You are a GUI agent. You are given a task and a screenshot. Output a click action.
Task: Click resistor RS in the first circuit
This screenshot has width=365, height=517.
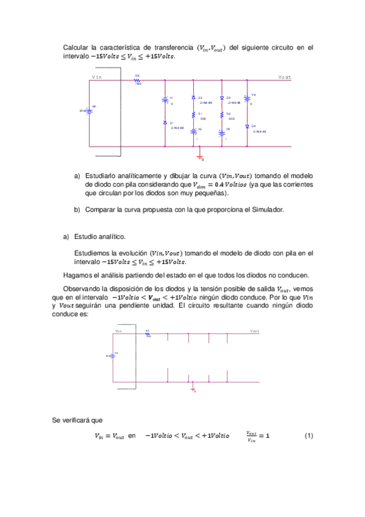point(138,79)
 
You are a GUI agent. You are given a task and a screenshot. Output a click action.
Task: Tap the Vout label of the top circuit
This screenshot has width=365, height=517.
point(284,77)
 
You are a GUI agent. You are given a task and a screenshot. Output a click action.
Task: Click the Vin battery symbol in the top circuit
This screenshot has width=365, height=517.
point(89,110)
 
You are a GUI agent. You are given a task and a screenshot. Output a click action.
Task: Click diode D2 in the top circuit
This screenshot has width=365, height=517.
point(193,98)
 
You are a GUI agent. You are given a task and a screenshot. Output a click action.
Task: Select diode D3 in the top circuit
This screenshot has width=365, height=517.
point(221,98)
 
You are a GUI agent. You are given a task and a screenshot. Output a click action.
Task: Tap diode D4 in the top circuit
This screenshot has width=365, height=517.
point(247,126)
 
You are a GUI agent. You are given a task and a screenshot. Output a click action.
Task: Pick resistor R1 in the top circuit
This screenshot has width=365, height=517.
point(193,114)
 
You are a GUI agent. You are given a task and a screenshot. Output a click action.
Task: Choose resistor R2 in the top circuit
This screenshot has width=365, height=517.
point(221,114)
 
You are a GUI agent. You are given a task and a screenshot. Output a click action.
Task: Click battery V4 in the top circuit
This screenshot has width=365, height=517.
point(247,98)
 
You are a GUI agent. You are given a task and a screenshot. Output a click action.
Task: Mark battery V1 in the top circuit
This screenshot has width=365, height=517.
point(165,99)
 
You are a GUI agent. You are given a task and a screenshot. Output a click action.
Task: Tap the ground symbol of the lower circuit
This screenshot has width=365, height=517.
point(193,389)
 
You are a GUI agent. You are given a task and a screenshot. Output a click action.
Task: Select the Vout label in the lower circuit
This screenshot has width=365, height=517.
point(254,331)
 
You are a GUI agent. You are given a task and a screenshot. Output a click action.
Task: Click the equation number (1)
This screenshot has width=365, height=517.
point(308,436)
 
